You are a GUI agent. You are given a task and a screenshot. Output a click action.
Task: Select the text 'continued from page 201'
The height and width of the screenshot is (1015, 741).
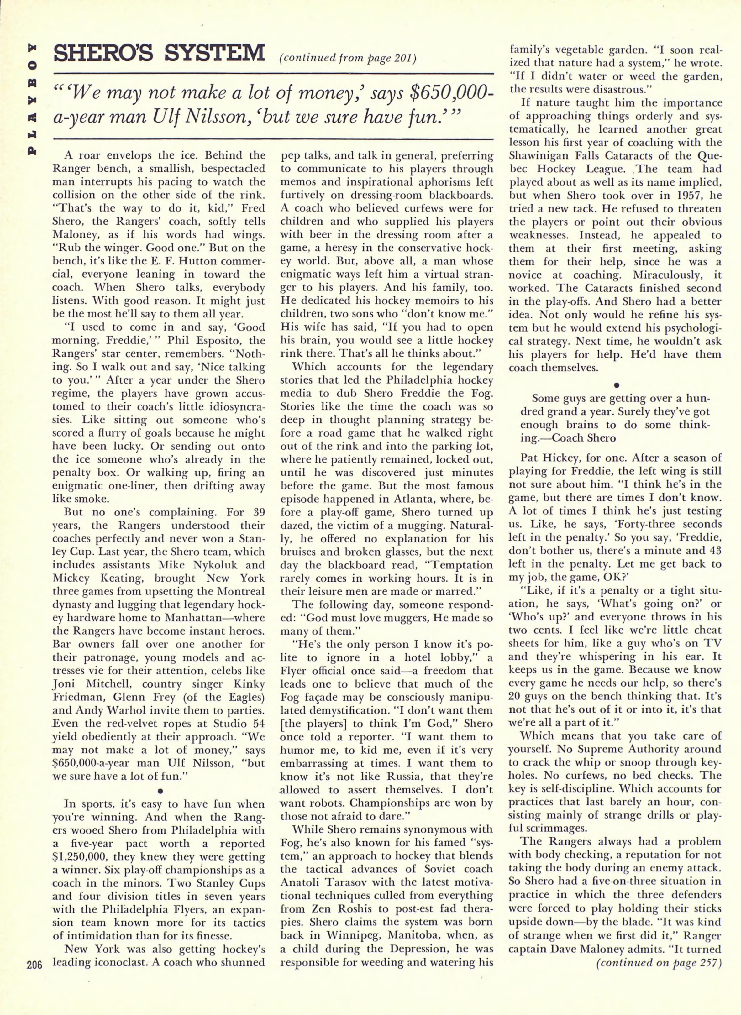click(x=348, y=58)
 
